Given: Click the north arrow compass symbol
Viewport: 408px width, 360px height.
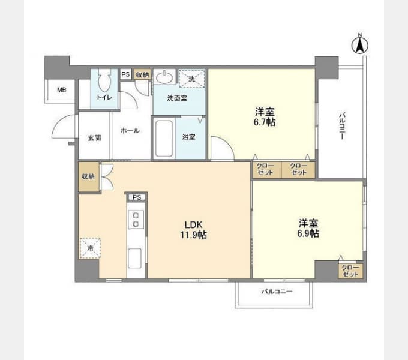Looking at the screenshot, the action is click(360, 45).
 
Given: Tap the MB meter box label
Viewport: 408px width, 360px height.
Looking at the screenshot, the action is click(62, 90).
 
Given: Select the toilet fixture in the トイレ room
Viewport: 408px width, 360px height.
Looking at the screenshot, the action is click(104, 80).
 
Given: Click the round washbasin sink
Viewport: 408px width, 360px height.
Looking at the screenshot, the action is click(164, 77).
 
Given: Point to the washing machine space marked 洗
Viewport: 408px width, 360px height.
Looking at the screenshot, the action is click(192, 79).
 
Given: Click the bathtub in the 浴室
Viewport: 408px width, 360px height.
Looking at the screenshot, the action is click(164, 139).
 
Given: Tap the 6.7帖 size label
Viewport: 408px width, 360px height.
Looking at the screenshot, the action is click(265, 122).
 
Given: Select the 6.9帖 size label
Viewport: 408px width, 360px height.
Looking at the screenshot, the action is click(308, 233).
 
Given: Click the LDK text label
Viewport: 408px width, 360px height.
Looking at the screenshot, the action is click(194, 224).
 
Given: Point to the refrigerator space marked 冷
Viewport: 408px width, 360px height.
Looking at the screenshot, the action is click(90, 248).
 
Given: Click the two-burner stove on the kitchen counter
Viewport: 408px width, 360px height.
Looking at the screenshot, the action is click(136, 220).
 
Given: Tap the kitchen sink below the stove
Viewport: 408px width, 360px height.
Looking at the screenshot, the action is click(135, 258).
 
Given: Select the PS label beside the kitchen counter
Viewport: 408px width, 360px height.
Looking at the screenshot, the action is click(137, 197).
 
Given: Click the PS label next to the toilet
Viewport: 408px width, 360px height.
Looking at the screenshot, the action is click(125, 74).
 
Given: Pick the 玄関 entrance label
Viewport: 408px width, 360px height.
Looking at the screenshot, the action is click(94, 137).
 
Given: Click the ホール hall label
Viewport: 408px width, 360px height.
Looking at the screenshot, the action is click(130, 130).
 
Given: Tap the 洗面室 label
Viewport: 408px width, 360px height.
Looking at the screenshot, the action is click(177, 98).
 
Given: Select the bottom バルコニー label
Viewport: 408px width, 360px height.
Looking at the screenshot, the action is click(277, 292).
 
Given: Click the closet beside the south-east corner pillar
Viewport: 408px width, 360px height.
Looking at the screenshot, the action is click(350, 271).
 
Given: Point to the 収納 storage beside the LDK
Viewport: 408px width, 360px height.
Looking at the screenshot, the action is click(88, 177).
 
